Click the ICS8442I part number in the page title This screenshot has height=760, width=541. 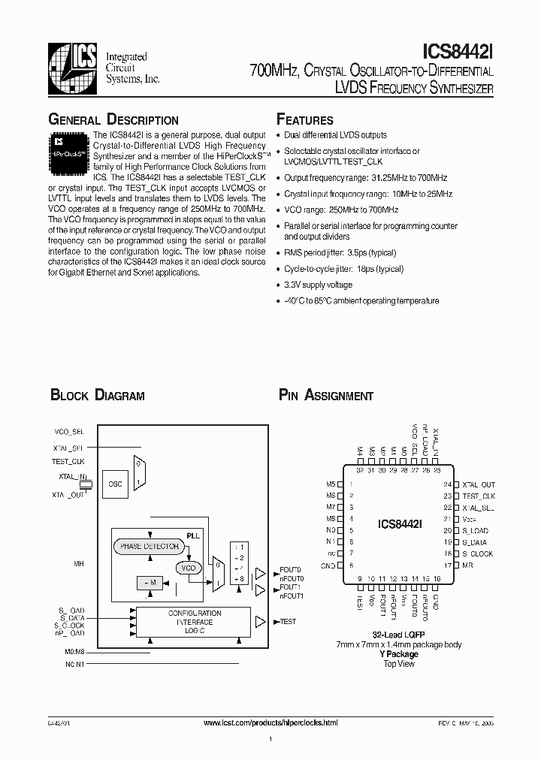pyautogui.click(x=458, y=52)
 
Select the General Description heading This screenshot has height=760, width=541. pyautogui.click(x=113, y=120)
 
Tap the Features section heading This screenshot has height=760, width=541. pyautogui.click(x=304, y=120)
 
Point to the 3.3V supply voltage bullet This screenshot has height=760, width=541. pyautogui.click(x=318, y=285)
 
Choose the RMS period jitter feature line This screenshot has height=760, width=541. pyautogui.click(x=340, y=253)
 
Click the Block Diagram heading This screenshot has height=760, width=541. pyautogui.click(x=97, y=396)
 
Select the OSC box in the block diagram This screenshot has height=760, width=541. pyautogui.click(x=115, y=484)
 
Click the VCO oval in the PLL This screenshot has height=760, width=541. pyautogui.click(x=188, y=568)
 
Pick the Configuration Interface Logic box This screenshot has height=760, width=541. pyautogui.click(x=194, y=622)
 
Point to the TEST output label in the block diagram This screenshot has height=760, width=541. pyautogui.click(x=288, y=622)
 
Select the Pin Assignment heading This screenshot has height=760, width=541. pyautogui.click(x=325, y=396)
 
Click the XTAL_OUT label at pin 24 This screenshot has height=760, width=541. pyautogui.click(x=478, y=484)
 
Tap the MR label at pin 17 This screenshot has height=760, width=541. pyautogui.click(x=467, y=565)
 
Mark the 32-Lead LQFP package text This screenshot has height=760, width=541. pyautogui.click(x=399, y=635)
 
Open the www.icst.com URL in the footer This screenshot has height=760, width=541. pyautogui.click(x=270, y=722)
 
